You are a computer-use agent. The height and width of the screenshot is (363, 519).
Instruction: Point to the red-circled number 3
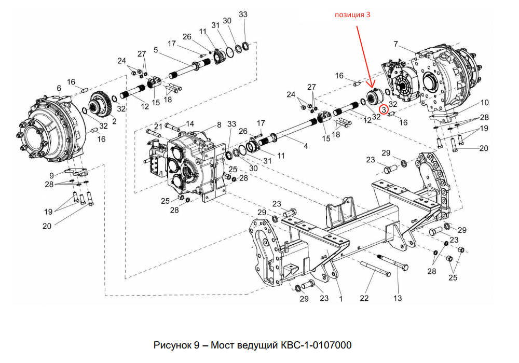(384, 109)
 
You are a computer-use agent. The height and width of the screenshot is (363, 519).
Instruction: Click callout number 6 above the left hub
(59, 89)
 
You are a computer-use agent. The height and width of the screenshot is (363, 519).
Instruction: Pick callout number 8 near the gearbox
(219, 124)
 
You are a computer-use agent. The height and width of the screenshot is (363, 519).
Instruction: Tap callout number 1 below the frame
(341, 298)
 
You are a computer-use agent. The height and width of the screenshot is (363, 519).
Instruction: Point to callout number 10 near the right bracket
(485, 103)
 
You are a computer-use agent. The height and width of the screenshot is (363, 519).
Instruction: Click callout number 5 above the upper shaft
(155, 50)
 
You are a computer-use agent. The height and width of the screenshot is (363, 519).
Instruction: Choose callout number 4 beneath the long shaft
(306, 146)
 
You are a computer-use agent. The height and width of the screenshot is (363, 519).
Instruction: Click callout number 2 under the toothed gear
(114, 121)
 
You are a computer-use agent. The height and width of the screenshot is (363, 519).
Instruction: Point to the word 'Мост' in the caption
(222, 345)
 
